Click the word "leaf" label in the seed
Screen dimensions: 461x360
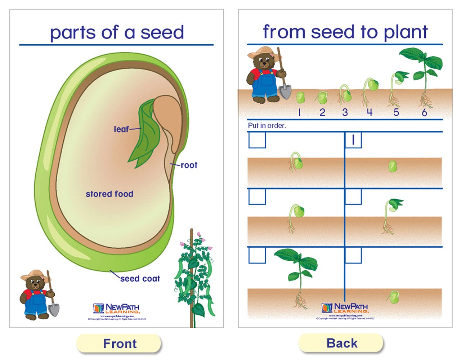pos(121,129)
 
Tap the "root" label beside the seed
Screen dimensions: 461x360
pos(189,165)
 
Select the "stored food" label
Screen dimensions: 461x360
pos(109,194)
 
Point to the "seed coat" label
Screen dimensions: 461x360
pos(140,279)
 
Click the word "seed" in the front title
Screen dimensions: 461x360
pos(162,32)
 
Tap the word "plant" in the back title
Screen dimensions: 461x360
pos(406,32)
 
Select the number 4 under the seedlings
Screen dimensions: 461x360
pos(370,112)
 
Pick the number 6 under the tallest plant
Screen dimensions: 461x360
pos(424,113)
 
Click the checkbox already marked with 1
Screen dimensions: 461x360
pos(353,140)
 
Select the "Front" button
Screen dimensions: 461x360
pos(119,343)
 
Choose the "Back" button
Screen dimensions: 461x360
pos(341,343)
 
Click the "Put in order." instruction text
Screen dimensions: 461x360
pos(267,126)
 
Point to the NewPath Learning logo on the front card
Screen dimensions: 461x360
pos(116,309)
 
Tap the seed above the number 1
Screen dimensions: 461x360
pos(300,97)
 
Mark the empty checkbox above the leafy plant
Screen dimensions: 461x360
pos(257,255)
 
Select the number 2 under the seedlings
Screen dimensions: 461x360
pos(322,113)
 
